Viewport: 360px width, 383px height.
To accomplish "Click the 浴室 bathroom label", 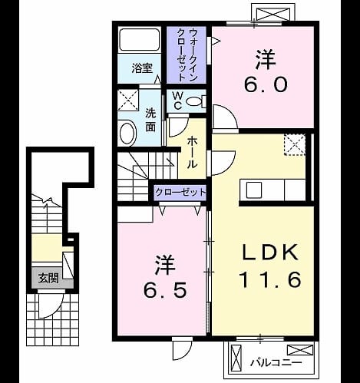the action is pyautogui.click(x=142, y=68).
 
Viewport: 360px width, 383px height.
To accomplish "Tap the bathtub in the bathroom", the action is pyautogui.click(x=140, y=40).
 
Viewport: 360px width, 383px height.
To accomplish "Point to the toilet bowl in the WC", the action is pyautogui.click(x=193, y=101).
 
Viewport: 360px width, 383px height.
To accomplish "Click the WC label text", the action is pyautogui.click(x=177, y=101).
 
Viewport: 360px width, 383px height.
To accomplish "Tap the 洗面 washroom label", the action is pyautogui.click(x=150, y=120).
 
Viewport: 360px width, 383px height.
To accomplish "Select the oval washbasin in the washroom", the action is pyautogui.click(x=127, y=134).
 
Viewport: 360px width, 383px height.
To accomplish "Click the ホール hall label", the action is pyautogui.click(x=193, y=153).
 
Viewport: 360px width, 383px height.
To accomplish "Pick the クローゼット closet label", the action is pyautogui.click(x=180, y=192).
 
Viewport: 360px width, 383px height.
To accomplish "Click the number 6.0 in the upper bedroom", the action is pyautogui.click(x=266, y=84).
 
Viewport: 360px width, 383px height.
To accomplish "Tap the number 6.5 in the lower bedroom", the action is pyautogui.click(x=165, y=291).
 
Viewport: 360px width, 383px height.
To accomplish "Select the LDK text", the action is pyautogui.click(x=270, y=253).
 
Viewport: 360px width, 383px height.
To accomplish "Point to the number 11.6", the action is pyautogui.click(x=270, y=279).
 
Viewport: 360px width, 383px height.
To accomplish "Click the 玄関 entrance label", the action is pyautogui.click(x=48, y=278).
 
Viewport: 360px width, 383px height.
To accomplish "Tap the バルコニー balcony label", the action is pyautogui.click(x=276, y=362).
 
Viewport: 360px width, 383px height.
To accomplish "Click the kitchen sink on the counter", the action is pyautogui.click(x=254, y=190).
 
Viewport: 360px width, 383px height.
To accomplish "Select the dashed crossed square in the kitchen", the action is pyautogui.click(x=295, y=145).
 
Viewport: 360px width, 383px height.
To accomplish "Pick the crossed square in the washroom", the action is pyautogui.click(x=128, y=101).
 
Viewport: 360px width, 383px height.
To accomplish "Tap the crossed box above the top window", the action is pyautogui.click(x=272, y=12).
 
